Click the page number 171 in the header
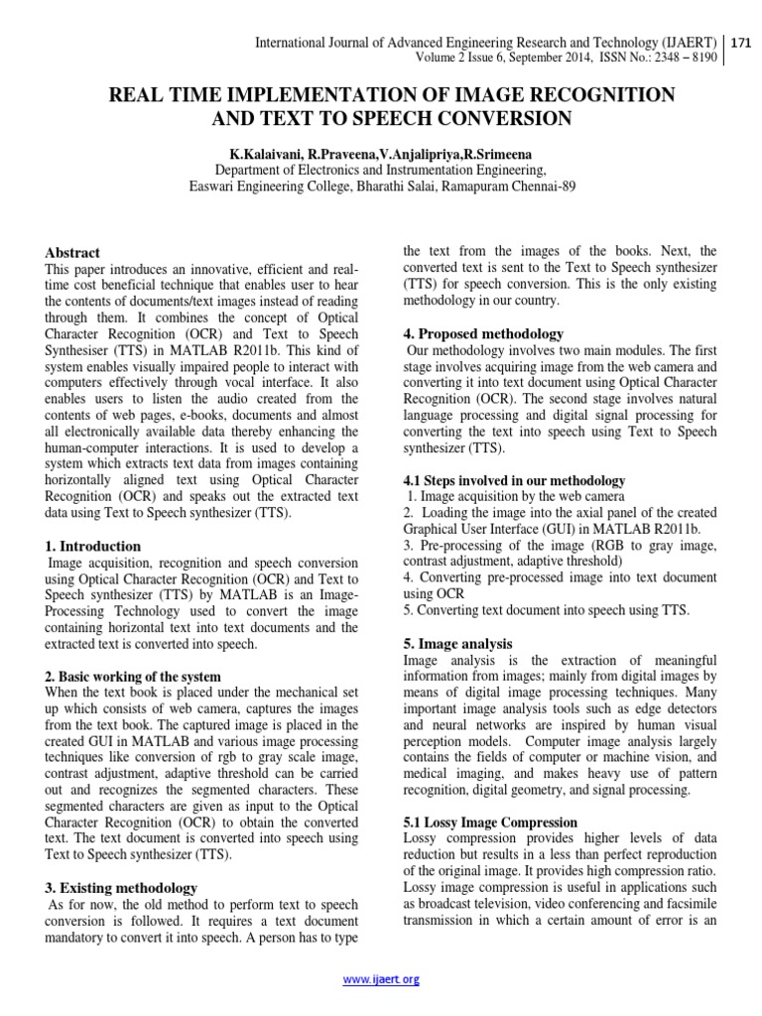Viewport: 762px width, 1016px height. tap(742, 44)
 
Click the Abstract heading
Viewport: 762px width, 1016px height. tap(73, 253)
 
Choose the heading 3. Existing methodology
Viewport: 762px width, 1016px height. tap(122, 887)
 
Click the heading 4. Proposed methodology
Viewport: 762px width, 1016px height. tap(483, 333)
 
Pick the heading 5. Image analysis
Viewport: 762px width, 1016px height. tap(457, 644)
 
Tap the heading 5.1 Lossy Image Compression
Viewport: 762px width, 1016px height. tap(490, 823)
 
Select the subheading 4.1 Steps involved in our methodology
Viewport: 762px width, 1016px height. tap(514, 480)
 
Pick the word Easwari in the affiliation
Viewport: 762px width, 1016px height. tap(213, 185)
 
